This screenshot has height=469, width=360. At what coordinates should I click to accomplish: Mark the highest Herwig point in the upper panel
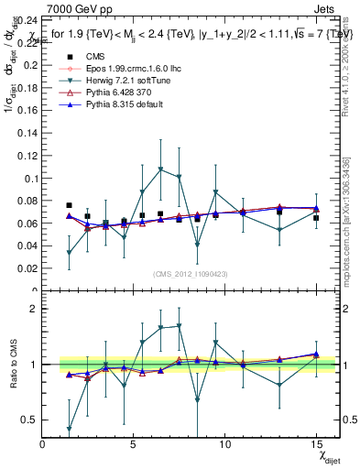160,169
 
